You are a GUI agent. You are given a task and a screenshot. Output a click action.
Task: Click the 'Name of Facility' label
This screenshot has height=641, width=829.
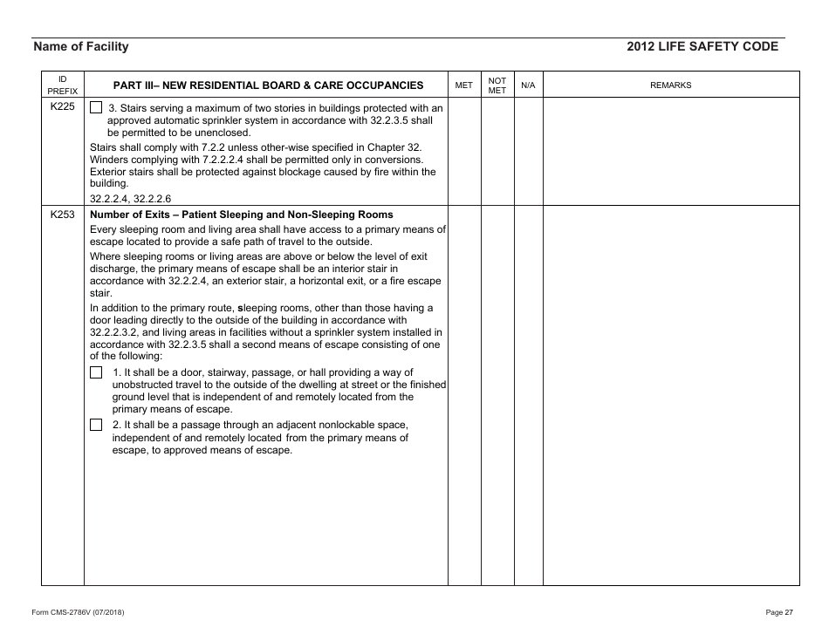(80, 47)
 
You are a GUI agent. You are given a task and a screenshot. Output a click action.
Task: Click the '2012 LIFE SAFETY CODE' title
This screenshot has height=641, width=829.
(702, 47)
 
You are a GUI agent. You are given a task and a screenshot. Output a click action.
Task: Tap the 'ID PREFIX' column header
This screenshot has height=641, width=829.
(62, 85)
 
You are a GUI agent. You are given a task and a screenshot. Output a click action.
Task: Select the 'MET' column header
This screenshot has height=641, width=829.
(464, 85)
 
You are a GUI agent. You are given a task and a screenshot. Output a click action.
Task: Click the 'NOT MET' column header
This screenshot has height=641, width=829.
(497, 85)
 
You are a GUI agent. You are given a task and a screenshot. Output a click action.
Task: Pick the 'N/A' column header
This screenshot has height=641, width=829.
(528, 85)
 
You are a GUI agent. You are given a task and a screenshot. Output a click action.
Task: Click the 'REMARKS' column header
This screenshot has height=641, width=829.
(670, 85)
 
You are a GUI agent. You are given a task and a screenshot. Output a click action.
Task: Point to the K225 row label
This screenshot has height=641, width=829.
(62, 108)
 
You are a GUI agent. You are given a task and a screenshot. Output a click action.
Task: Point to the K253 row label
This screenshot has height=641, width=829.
(62, 215)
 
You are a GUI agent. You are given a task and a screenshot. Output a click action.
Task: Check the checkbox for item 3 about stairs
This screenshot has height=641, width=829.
(96, 108)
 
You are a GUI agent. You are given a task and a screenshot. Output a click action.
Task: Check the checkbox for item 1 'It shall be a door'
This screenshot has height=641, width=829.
(96, 372)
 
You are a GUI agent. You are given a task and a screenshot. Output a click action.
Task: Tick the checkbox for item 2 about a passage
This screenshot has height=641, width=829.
(96, 425)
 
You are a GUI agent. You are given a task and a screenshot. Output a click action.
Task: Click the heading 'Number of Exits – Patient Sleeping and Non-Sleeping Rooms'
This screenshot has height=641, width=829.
(242, 215)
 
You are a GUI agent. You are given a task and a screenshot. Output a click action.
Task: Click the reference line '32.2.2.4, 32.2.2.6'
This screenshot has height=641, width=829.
(131, 198)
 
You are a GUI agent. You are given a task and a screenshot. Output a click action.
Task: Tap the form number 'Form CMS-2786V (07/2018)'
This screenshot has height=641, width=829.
(78, 612)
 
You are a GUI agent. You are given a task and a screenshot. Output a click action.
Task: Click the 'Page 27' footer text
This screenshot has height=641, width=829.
(778, 612)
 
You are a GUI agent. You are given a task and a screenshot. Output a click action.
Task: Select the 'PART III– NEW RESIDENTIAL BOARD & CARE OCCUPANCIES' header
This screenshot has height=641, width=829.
(269, 85)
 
